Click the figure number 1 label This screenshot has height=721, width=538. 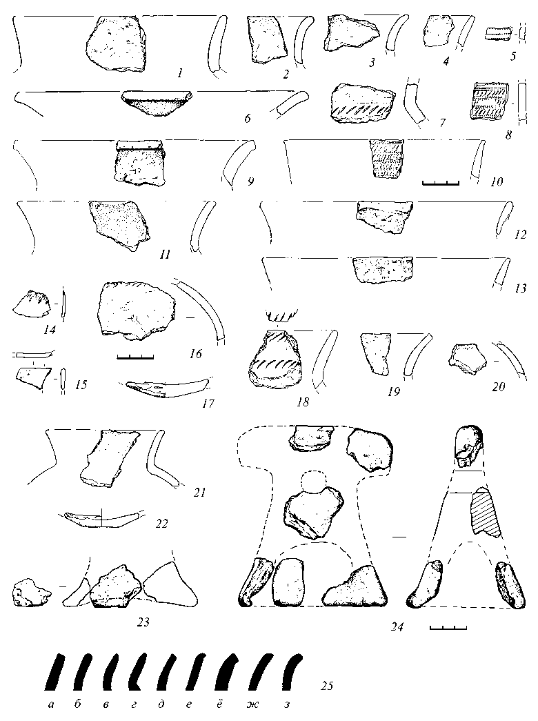[x=180, y=72]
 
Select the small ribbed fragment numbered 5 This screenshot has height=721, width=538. [x=498, y=34]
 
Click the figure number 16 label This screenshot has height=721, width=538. [x=195, y=354]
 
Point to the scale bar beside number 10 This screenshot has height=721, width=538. [x=441, y=184]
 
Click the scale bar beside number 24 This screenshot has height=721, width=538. [x=448, y=627]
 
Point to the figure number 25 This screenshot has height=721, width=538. [x=326, y=686]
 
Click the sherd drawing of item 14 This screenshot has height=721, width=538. [x=32, y=304]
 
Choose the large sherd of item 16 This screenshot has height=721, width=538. [x=137, y=311]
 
